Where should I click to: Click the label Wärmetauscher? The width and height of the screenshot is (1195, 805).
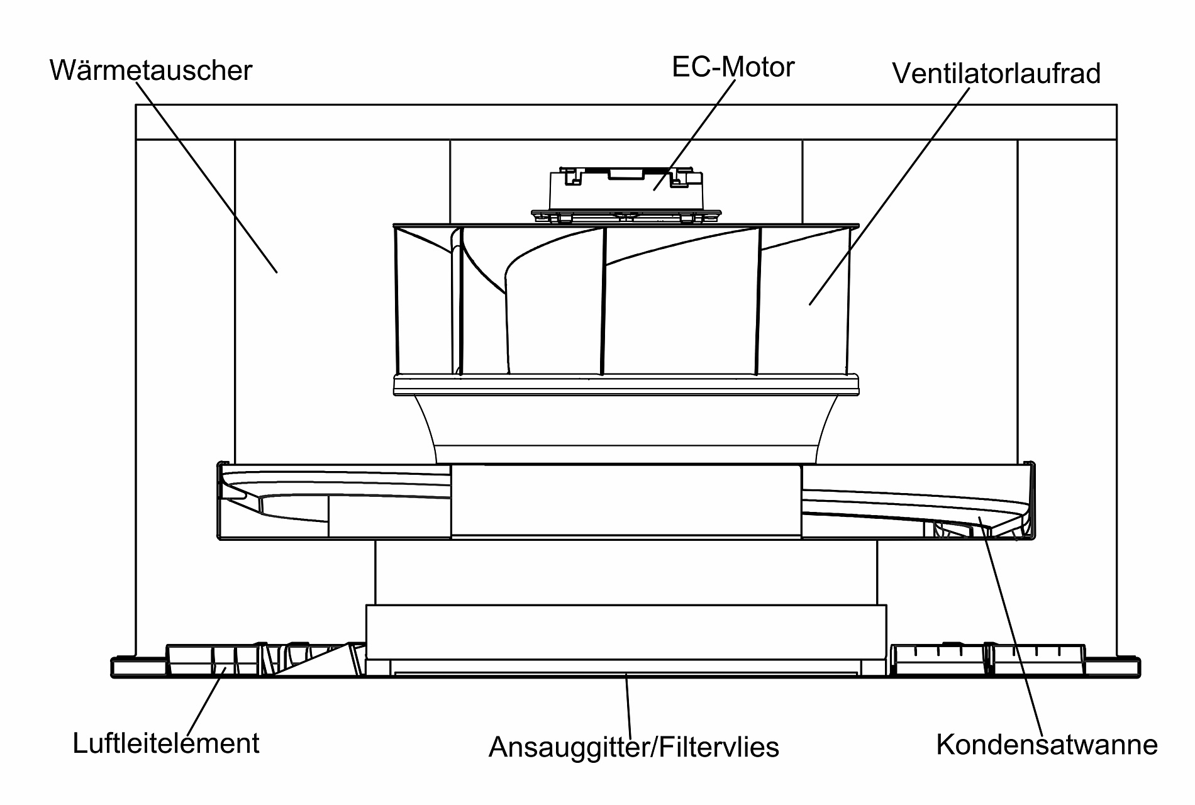(151, 70)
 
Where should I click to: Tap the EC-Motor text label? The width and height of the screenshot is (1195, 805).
(733, 67)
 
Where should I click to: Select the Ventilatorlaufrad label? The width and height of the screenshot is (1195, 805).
(996, 73)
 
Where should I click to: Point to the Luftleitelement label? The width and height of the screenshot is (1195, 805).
(166, 743)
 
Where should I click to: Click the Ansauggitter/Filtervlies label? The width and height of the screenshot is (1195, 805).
(634, 747)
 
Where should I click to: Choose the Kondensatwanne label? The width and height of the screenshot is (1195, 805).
(1047, 744)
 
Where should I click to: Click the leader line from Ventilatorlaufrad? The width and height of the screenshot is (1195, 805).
(889, 195)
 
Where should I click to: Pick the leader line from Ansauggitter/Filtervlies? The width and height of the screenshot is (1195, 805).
(627, 704)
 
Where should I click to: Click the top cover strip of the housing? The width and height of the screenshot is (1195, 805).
(626, 121)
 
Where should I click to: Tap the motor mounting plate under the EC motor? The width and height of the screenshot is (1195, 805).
(626, 216)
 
